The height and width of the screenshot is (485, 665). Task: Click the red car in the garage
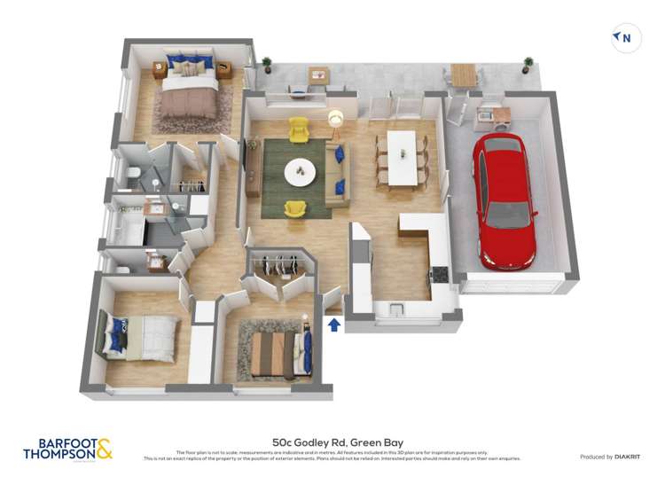coord(503,202)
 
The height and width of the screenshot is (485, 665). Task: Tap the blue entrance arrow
coord(333,325)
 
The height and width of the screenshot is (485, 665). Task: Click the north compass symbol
coord(626,38)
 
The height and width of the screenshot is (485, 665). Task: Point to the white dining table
coord(402,158)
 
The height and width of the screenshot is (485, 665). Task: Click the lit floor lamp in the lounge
coord(336,118)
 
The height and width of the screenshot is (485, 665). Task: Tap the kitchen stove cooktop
coord(438,272)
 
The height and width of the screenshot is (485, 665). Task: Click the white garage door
coord(513,286)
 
